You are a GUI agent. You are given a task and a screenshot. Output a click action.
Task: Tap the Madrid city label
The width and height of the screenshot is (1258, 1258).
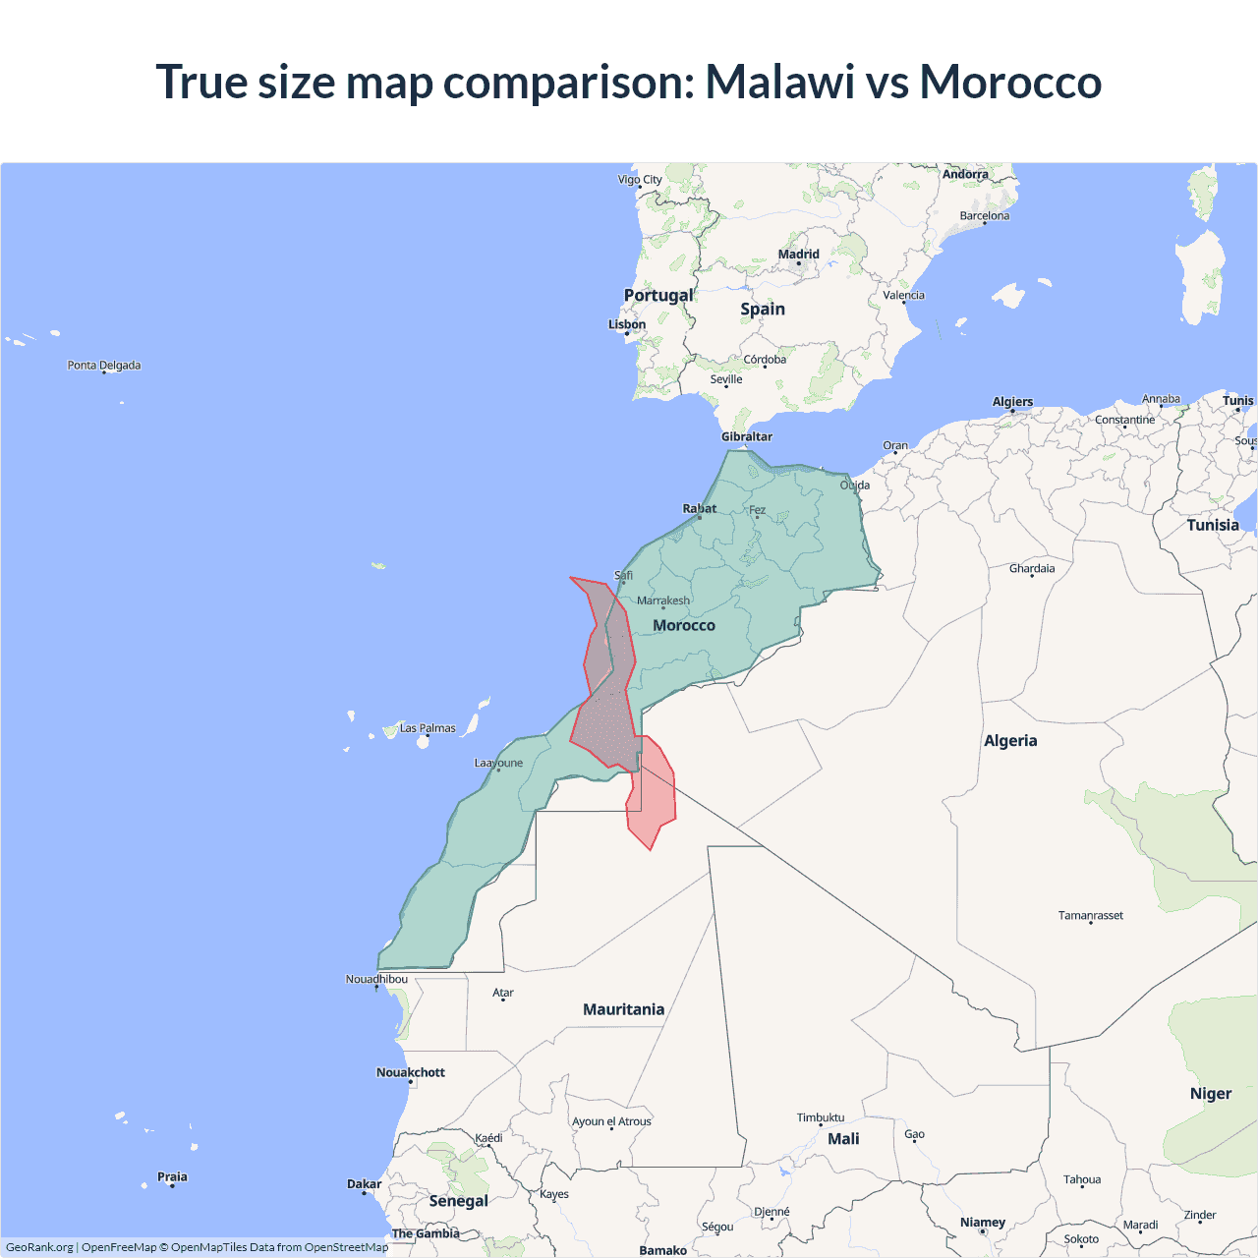tap(798, 255)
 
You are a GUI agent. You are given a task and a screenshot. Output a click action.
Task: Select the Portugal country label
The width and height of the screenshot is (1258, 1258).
tap(658, 295)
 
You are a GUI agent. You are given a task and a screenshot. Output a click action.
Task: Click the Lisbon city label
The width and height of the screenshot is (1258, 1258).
tap(627, 324)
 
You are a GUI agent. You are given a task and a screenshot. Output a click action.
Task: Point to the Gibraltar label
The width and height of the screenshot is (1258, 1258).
tap(747, 436)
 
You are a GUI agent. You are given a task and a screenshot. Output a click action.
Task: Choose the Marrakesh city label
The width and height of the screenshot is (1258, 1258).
tap(663, 600)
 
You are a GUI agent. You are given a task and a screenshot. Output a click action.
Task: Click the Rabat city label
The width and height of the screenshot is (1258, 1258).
tap(700, 508)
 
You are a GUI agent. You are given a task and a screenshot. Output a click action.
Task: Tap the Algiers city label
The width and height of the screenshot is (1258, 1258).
tap(1012, 401)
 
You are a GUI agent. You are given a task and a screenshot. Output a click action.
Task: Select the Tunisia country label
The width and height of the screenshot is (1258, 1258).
tap(1213, 525)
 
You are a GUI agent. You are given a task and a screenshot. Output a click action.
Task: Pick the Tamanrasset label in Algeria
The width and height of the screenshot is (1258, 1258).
tap(1090, 915)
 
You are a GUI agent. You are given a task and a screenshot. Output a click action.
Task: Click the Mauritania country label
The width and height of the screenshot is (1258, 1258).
tap(623, 1009)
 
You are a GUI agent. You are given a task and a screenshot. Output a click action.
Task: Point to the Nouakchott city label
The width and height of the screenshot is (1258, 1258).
tap(411, 1072)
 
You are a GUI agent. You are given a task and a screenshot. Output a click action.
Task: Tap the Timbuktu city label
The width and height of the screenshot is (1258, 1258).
tap(821, 1117)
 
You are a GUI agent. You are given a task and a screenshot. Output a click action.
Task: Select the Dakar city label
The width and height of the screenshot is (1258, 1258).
tap(364, 1184)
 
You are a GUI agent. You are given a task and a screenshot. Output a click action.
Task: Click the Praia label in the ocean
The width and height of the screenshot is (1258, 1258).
tap(172, 1176)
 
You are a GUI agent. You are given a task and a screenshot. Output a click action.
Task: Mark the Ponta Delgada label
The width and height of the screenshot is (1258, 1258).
tap(104, 365)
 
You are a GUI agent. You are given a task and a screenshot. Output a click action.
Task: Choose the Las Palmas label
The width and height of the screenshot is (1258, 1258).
tap(428, 728)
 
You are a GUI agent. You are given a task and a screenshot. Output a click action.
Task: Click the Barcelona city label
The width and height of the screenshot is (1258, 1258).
tap(984, 216)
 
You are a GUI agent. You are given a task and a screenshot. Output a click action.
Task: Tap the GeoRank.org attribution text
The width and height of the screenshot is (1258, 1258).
tap(39, 1247)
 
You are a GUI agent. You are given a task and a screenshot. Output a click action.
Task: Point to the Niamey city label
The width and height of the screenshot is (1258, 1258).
tap(983, 1223)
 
